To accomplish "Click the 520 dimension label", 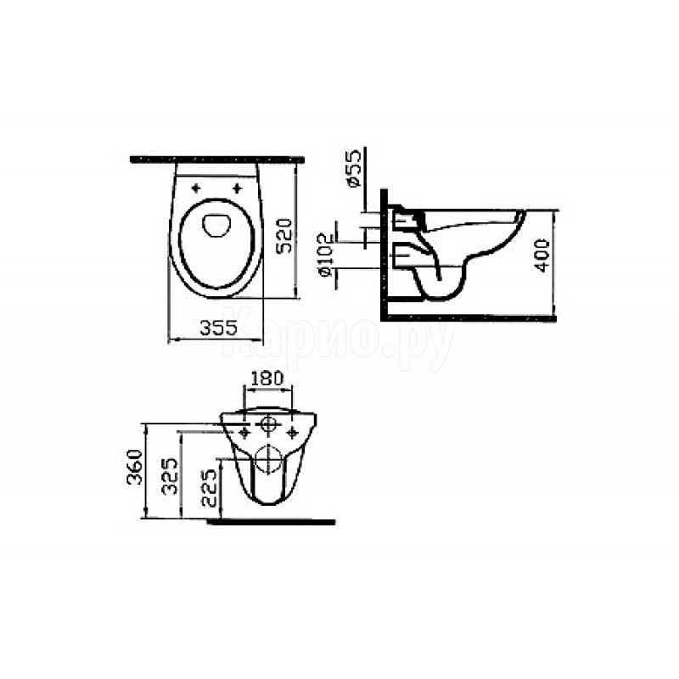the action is (x=284, y=236).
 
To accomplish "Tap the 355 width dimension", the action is (x=219, y=328).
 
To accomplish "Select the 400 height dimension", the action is (x=542, y=255).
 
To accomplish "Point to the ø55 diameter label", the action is (x=353, y=168).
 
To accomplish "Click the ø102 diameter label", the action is (x=325, y=255).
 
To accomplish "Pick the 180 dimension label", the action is (x=267, y=378).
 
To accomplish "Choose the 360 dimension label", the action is (x=135, y=467).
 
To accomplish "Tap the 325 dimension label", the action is (x=170, y=476).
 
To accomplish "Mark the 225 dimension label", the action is (x=209, y=487).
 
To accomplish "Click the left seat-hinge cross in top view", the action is (x=196, y=188).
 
